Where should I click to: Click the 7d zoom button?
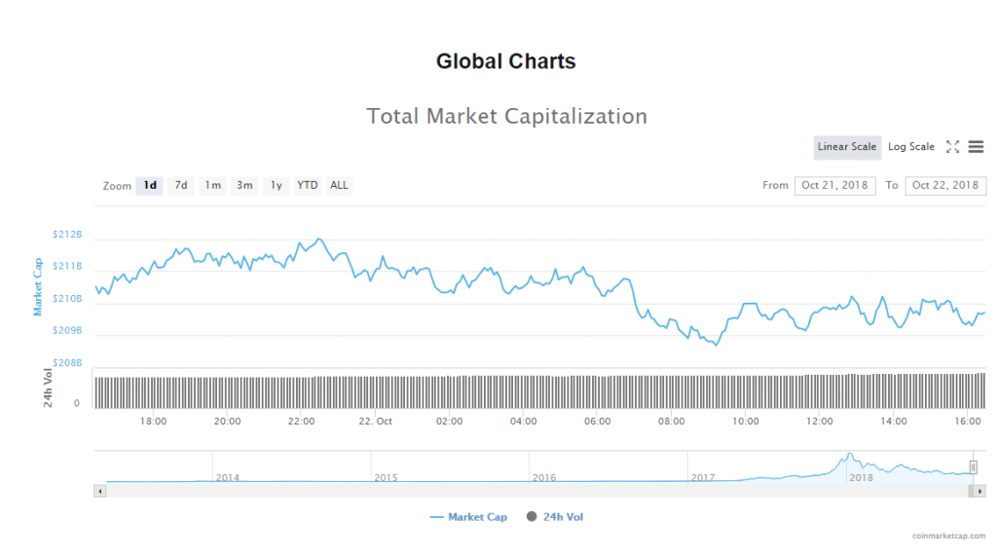tap(180, 185)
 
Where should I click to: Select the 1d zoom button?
tap(149, 185)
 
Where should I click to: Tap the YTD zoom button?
tap(307, 185)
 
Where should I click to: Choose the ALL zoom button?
tap(339, 185)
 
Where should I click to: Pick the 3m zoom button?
tap(244, 185)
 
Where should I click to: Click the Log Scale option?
tap(910, 147)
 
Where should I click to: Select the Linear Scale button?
tap(847, 147)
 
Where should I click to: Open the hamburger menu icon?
tap(976, 147)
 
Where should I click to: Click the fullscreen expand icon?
tap(952, 147)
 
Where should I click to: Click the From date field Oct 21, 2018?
tap(835, 185)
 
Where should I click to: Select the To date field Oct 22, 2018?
tap(945, 185)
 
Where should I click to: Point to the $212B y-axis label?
tap(67, 235)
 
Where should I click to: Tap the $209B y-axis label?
tap(67, 331)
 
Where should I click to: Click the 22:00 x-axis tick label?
tap(301, 422)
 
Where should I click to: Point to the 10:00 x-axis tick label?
tap(746, 422)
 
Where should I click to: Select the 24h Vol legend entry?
tap(555, 517)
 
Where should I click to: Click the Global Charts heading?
tap(505, 61)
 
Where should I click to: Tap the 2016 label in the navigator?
tap(543, 478)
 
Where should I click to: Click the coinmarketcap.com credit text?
tap(948, 536)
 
